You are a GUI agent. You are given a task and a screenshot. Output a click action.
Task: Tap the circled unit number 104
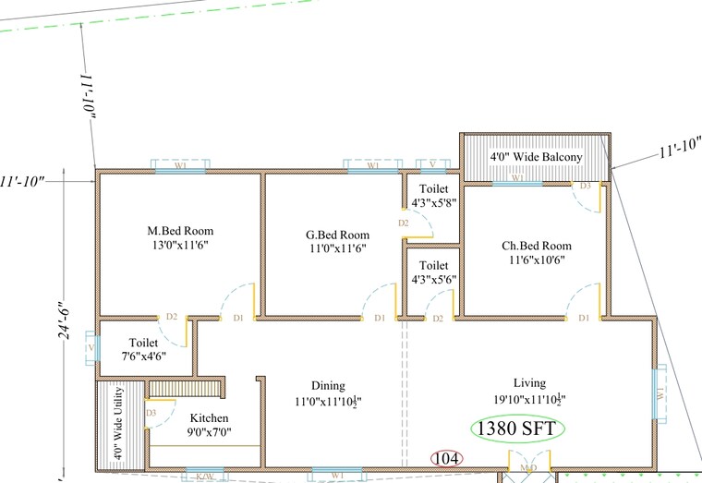(x=447, y=458)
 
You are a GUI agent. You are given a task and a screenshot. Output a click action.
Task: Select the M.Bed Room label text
(x=180, y=231)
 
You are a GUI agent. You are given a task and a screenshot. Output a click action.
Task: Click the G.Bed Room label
(x=338, y=235)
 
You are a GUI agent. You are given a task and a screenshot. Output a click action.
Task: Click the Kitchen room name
(x=208, y=418)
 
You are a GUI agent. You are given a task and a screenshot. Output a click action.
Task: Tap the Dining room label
(x=328, y=386)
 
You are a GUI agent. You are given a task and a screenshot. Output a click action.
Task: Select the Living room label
(x=529, y=382)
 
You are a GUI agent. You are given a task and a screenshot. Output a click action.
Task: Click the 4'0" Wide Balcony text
(x=536, y=158)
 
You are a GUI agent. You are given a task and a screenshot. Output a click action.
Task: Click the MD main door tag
(x=528, y=470)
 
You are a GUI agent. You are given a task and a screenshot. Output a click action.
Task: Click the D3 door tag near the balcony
(x=584, y=186)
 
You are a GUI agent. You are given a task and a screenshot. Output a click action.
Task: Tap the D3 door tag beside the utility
(x=151, y=412)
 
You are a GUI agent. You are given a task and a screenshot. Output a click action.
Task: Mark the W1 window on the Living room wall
(x=660, y=393)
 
